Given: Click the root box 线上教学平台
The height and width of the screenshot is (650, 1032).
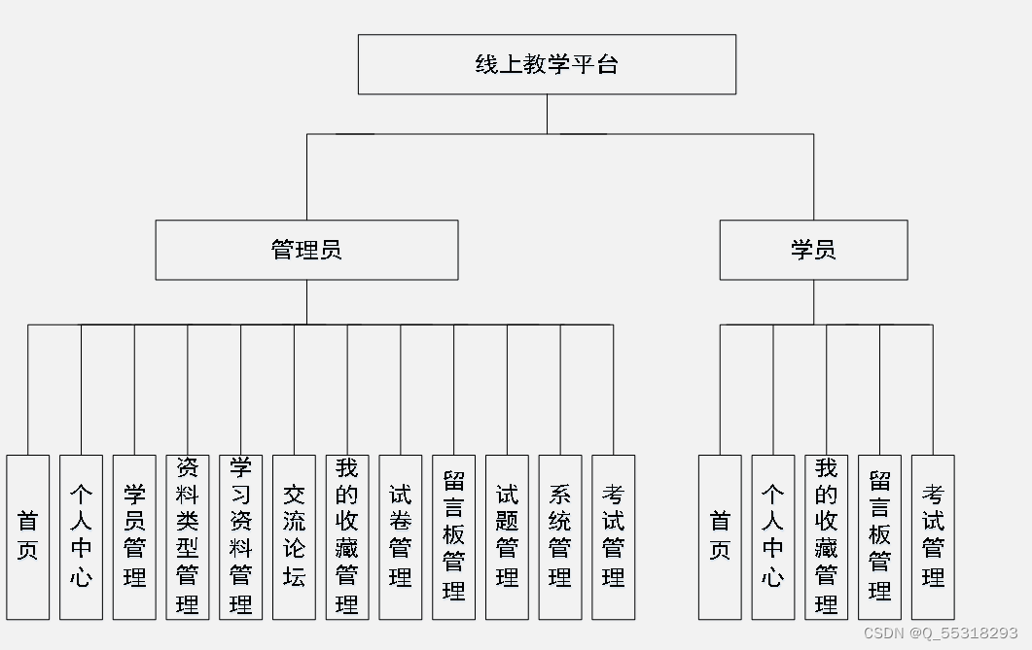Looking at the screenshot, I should point(547,65).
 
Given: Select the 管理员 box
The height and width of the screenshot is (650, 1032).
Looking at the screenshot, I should point(306,250).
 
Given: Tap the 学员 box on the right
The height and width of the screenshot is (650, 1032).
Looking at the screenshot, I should point(813,250).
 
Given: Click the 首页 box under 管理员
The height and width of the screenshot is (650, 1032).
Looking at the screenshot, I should point(27,536).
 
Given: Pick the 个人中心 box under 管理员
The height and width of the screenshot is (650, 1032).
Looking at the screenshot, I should point(81,536).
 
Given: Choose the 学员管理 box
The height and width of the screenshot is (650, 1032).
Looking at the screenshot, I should point(134,536).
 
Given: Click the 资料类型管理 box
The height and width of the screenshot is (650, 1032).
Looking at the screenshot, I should point(188,536).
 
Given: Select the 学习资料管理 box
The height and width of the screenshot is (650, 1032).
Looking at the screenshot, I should point(240,536).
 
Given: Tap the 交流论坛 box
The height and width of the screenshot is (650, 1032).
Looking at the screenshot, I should point(294,536).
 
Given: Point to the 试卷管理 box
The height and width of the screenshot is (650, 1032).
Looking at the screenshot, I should point(400,536).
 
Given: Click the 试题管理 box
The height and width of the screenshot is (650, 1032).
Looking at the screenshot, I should point(507,536).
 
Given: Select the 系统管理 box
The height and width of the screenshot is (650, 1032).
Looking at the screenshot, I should point(560,536).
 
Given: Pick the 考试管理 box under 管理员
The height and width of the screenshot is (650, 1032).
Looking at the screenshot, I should point(613,536).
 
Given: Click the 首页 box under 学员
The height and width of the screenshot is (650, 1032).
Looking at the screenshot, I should point(720,536).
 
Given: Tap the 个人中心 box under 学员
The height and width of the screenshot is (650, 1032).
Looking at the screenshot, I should point(773,536).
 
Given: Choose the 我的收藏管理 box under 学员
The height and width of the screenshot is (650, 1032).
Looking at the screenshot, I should point(827,536).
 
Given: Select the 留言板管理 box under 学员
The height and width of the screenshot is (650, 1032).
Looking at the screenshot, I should point(879,536).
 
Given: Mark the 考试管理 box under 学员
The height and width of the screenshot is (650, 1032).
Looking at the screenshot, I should point(933,536).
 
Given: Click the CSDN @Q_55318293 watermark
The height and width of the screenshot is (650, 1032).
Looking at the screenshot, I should point(940,633).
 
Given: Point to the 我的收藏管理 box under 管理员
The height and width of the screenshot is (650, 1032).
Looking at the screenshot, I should point(347,536).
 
